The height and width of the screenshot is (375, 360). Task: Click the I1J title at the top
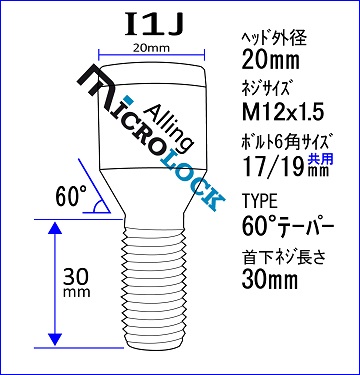point(154,25)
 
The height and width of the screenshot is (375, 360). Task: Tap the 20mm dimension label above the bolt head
point(151,48)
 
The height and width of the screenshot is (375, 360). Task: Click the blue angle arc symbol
point(97,206)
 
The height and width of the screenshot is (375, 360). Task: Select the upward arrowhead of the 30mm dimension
point(55,229)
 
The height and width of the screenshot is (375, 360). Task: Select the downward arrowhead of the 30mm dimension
point(55,339)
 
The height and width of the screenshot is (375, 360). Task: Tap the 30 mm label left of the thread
point(77,282)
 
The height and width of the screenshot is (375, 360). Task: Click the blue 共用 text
point(320,158)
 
